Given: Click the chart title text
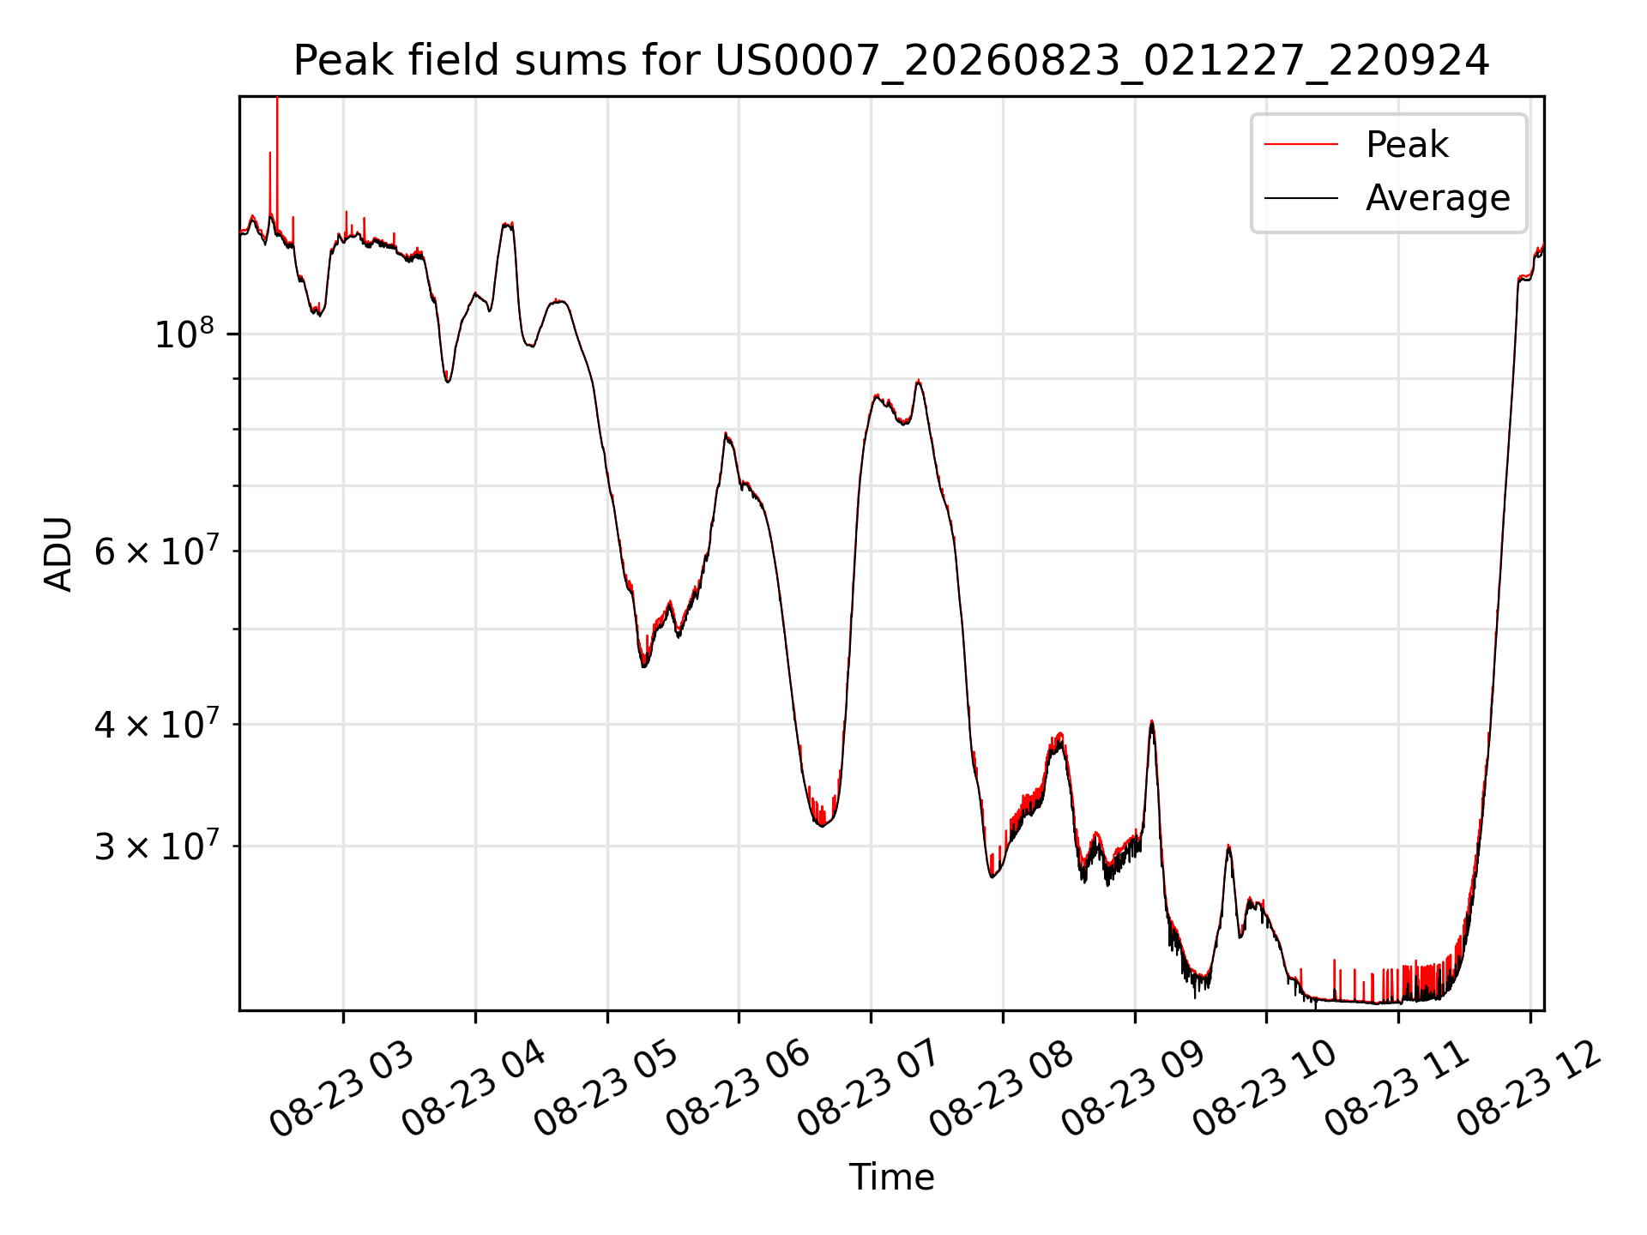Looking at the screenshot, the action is coord(891,61).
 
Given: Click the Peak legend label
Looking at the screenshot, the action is coord(1407,144).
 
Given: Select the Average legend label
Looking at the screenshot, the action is coord(1438,198).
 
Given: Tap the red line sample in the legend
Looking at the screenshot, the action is coord(1301,144).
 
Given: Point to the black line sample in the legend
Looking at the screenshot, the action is coord(1301,198).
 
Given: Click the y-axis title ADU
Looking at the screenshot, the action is coord(58,553).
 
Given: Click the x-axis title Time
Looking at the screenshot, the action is coord(891,1177).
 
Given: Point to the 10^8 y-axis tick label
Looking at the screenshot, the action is coord(184,333).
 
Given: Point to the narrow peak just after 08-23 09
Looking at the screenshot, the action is coord(1151,722).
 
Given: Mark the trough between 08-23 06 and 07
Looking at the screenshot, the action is coord(822,824).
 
